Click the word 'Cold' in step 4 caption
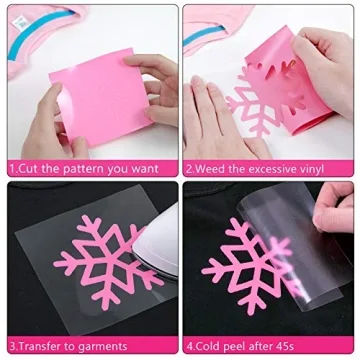coord(210,346)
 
